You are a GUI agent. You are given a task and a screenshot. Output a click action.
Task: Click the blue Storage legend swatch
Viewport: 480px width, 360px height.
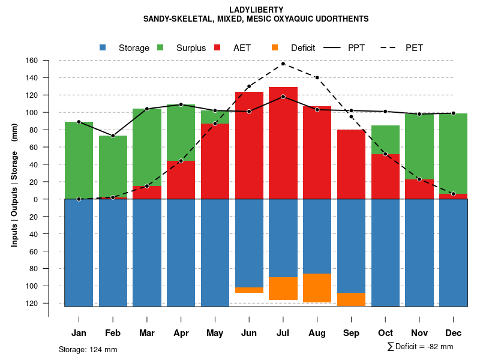pyautogui.click(x=103, y=47)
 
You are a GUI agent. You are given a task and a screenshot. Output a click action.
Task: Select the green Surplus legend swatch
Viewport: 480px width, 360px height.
pyautogui.click(x=160, y=47)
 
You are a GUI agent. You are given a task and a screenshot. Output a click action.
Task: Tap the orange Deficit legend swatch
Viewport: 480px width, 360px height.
pyautogui.click(x=275, y=47)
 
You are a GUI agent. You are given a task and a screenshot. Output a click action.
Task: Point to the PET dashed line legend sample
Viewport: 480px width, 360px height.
pyautogui.click(x=391, y=47)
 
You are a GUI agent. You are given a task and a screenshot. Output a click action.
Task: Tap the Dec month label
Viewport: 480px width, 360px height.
pyautogui.click(x=453, y=333)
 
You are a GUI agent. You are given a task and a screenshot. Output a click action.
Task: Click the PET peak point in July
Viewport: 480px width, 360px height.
pyautogui.click(x=283, y=64)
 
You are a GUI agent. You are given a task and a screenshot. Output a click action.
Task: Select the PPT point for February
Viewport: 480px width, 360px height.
pyautogui.click(x=113, y=136)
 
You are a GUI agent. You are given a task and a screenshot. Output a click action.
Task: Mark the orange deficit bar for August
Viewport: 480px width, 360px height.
pyautogui.click(x=317, y=288)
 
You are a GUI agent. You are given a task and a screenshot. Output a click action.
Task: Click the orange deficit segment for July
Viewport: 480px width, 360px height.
pyautogui.click(x=283, y=289)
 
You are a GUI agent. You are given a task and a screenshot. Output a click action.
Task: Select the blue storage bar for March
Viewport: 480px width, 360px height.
pyautogui.click(x=147, y=253)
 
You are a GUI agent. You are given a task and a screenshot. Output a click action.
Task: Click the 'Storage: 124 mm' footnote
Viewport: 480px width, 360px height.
pyautogui.click(x=88, y=349)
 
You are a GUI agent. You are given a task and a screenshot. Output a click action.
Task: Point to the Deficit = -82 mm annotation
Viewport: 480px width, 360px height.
pyautogui.click(x=420, y=346)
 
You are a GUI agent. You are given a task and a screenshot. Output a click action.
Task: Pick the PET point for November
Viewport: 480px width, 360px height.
pyautogui.click(x=419, y=179)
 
